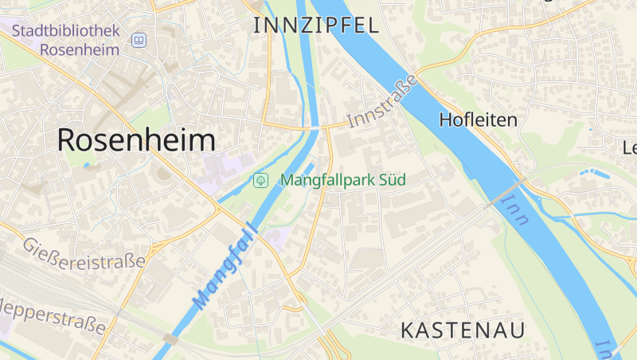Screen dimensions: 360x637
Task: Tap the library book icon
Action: tap(140, 39)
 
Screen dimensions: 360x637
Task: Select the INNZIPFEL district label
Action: tap(315, 25)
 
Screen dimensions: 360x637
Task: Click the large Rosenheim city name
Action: tap(136, 140)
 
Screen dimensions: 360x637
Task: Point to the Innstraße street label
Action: tap(382, 101)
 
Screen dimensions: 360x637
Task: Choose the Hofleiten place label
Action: tap(478, 120)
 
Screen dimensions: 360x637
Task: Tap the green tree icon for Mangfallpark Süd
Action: tap(260, 180)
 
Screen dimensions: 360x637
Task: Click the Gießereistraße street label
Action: tap(84, 252)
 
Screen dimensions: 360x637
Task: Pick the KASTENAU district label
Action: tap(463, 330)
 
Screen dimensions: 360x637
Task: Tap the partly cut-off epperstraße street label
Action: tap(52, 317)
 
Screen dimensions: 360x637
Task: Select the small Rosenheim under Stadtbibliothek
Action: tap(79, 49)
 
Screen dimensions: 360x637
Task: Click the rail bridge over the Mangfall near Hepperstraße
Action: tap(170, 338)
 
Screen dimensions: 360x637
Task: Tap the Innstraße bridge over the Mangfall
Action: tap(316, 127)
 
